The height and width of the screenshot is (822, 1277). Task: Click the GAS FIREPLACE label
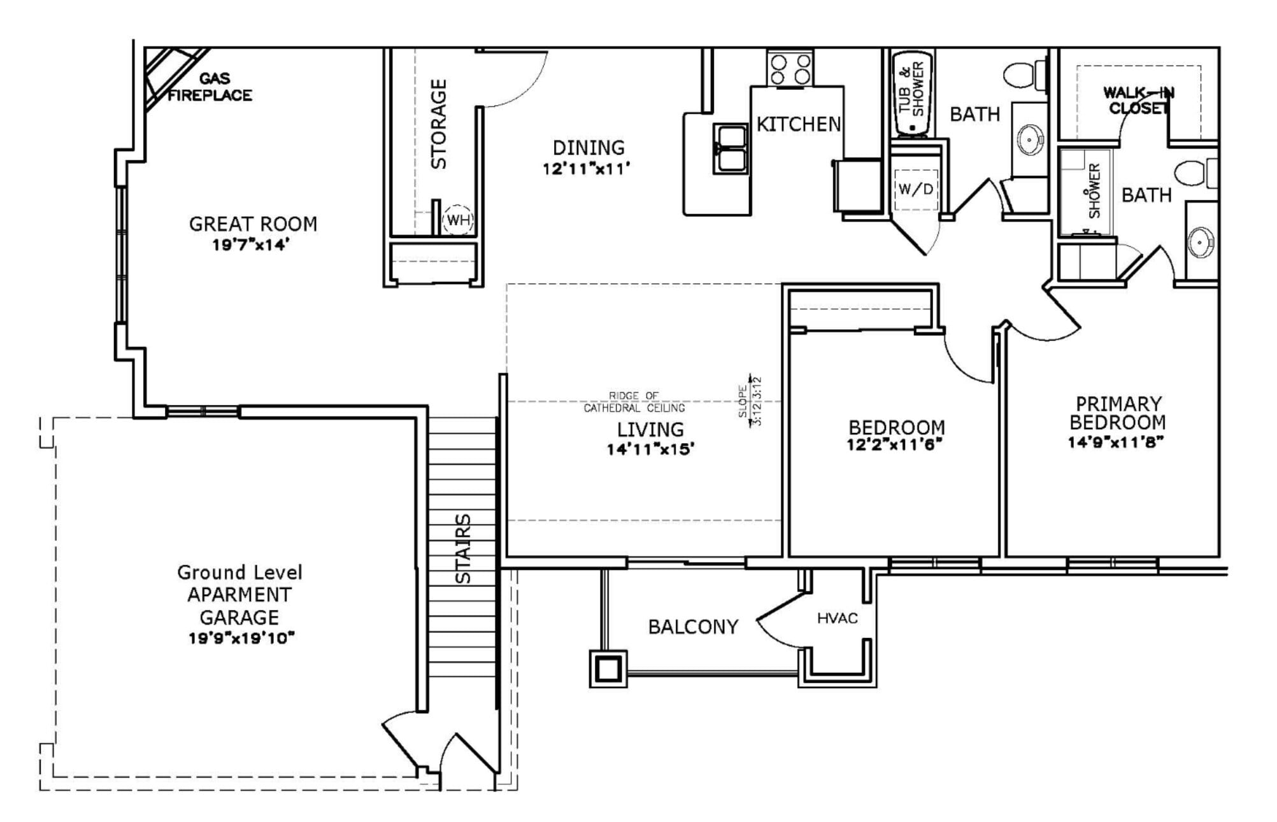[x=210, y=87]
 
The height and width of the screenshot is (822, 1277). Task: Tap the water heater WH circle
[x=457, y=220]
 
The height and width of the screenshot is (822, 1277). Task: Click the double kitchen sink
[x=730, y=148]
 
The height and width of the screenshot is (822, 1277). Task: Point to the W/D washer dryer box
[x=915, y=189]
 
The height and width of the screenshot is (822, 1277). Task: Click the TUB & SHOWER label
[x=911, y=89]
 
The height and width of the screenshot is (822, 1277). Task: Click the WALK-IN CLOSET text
[x=1139, y=101]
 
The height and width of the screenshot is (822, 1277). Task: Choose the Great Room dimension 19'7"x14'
[x=251, y=245]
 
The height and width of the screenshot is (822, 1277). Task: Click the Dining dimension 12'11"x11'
[x=587, y=169]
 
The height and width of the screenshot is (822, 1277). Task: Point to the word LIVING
[x=650, y=429]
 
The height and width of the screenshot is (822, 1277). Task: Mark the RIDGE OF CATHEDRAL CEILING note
[x=634, y=402]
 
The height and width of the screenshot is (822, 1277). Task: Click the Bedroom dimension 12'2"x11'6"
[x=894, y=444]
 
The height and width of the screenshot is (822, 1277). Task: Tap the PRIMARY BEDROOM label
[x=1118, y=413]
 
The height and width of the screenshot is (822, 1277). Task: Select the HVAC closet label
[x=837, y=618]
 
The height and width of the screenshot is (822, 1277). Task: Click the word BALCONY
[x=693, y=627]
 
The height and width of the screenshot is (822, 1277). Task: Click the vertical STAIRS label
[x=464, y=548]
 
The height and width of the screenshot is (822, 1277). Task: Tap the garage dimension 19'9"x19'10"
[x=241, y=638]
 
